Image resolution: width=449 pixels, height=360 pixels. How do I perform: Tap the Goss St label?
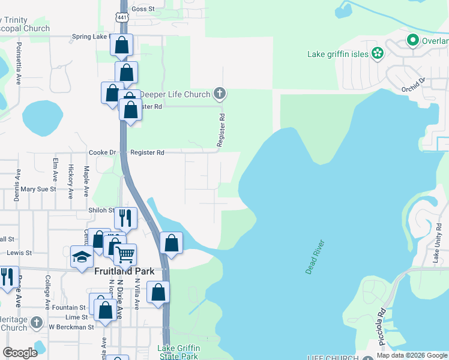[x=143, y=9]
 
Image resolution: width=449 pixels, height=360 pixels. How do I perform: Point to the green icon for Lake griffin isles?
[x=378, y=53]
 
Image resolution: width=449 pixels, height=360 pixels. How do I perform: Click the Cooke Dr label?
[x=103, y=153]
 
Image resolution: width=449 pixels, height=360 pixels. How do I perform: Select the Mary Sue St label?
[x=38, y=189]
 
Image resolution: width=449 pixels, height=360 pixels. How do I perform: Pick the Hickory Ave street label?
[x=70, y=181]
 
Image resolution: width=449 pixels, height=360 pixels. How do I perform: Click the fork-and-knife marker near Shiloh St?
[x=125, y=218]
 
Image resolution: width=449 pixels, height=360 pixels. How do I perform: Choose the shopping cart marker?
[x=125, y=254]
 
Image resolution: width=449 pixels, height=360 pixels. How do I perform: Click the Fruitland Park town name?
[x=125, y=271]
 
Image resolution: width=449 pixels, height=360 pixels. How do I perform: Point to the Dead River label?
[x=315, y=257]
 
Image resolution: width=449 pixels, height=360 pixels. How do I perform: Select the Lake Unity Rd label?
[x=439, y=243]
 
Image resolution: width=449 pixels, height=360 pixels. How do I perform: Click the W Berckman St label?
[x=71, y=327]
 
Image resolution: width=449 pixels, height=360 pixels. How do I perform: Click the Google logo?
[x=20, y=353]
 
